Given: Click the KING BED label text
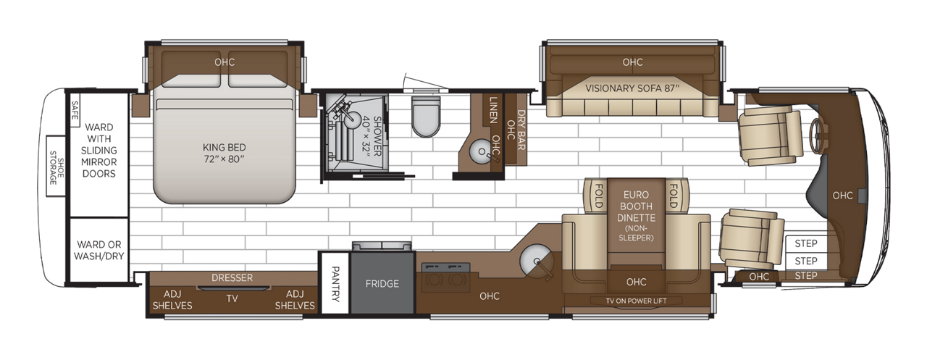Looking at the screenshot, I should point(225,151).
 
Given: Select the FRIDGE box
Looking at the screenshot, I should point(382,284).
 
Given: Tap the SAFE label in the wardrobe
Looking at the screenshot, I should point(74,114).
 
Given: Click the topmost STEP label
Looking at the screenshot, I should point(805,244).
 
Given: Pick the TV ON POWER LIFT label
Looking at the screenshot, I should point(636,301).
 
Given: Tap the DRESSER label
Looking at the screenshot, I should point(232,278).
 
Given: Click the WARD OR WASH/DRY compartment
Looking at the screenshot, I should point(98,249).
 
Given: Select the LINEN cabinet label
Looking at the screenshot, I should point(494,109).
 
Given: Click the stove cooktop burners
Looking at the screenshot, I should point(443,279).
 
